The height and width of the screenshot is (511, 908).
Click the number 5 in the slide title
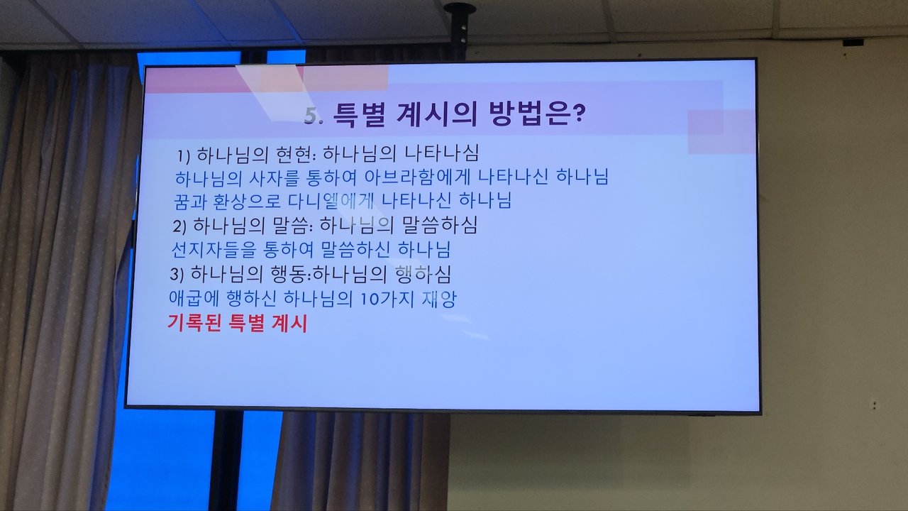click(311, 116)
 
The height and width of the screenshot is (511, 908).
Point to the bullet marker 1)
click(183, 155)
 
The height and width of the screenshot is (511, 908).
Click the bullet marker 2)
click(179, 226)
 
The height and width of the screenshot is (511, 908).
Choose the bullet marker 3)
click(177, 275)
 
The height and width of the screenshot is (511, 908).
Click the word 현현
click(294, 155)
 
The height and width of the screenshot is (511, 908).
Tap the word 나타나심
click(442, 153)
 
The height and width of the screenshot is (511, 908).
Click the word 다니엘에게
click(331, 201)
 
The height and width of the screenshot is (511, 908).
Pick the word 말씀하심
click(440, 226)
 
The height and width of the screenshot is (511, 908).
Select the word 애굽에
click(194, 299)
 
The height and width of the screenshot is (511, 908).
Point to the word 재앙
click(439, 300)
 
